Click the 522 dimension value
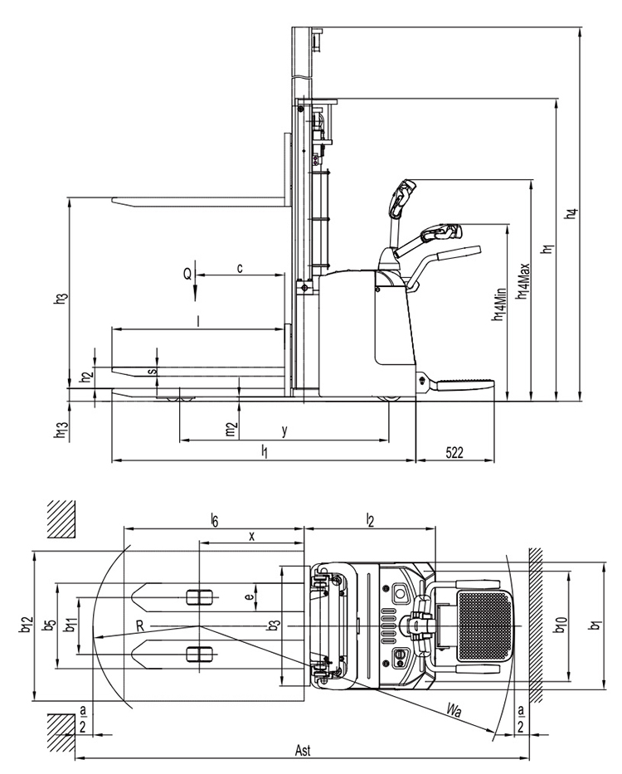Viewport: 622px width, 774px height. (454, 452)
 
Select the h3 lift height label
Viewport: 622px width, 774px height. (61, 298)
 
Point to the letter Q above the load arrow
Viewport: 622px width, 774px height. (187, 274)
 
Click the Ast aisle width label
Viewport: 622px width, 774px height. (303, 750)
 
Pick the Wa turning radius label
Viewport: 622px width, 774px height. (454, 711)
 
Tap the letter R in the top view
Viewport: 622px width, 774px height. (140, 626)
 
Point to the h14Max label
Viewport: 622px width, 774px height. (522, 281)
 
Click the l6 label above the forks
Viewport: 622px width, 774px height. (214, 519)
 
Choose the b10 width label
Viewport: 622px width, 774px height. (561, 625)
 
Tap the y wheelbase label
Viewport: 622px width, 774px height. (284, 431)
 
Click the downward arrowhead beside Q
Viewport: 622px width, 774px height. (196, 295)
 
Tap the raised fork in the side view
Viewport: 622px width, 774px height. (198, 201)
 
